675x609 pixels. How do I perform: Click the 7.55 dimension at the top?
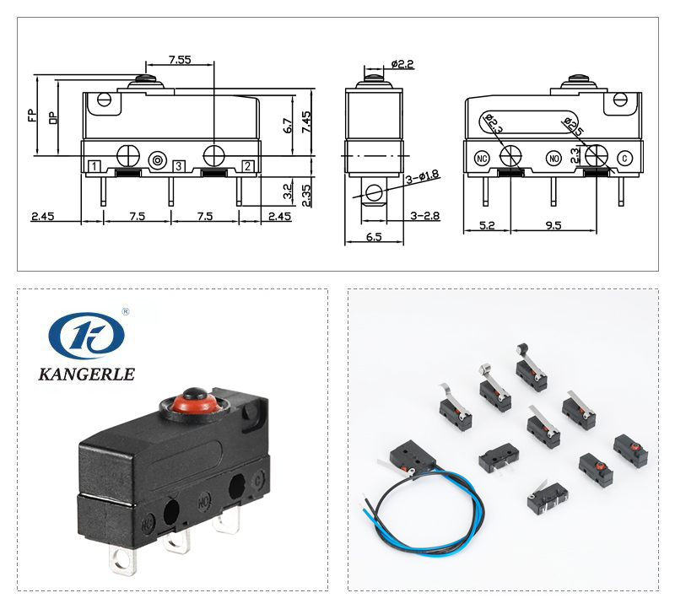coord(179,59)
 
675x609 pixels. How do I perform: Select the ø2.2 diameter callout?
coord(402,63)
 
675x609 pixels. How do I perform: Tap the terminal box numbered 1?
coord(95,165)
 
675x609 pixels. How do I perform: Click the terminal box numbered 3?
coord(179,165)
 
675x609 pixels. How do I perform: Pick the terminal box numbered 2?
coord(247,165)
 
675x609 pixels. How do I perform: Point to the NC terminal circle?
coord(483,158)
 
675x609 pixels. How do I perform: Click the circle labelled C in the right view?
coord(624,158)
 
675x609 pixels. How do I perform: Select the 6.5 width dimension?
coord(374,237)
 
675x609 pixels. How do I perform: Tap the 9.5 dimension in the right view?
coord(552,226)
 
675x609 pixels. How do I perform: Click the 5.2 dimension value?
coord(487,226)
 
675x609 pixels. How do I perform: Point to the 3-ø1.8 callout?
coord(423,176)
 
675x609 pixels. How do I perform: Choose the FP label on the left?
coord(32,115)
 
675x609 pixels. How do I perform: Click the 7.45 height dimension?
coord(306,123)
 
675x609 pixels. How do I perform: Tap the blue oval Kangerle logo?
coord(86,335)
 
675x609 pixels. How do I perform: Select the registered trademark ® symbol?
coord(125,311)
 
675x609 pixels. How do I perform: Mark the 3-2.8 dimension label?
coord(424,216)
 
